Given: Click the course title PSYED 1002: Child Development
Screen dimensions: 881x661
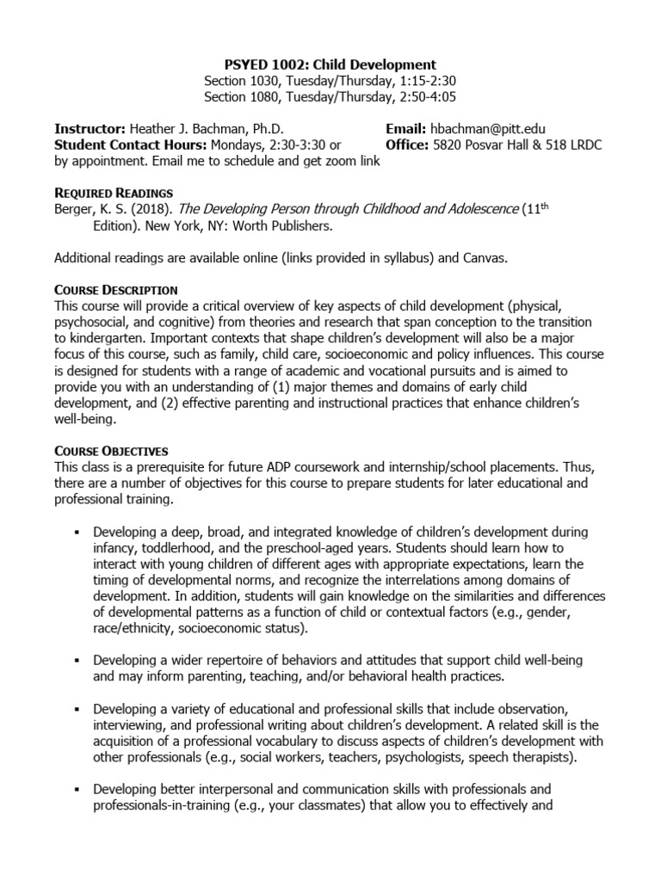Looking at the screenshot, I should [330, 65].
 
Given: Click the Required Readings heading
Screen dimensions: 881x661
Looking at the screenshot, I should [113, 193].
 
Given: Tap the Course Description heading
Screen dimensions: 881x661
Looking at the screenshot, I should [115, 289].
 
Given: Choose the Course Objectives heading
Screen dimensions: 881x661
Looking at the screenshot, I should [111, 450].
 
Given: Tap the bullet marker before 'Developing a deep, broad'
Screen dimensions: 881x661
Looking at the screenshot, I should [77, 532].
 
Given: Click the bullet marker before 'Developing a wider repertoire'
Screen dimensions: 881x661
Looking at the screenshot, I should [77, 660].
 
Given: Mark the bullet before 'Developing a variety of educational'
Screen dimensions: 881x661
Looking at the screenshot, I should [77, 708].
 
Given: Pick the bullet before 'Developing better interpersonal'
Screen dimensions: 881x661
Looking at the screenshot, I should [77, 789].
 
